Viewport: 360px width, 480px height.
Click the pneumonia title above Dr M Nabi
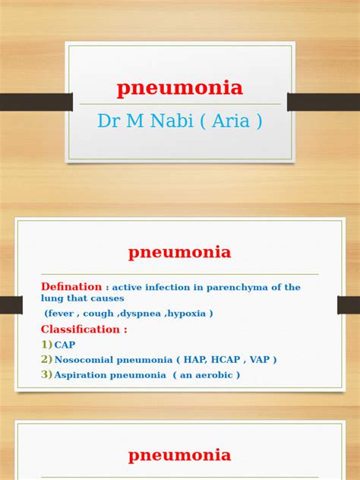click(x=180, y=88)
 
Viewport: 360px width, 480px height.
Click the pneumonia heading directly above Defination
click(x=180, y=252)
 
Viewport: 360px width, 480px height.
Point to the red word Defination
click(x=71, y=287)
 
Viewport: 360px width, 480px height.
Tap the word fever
click(x=62, y=313)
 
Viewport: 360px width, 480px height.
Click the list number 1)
click(x=46, y=345)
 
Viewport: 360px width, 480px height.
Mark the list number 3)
click(x=46, y=374)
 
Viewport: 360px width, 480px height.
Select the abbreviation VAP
click(x=258, y=360)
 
